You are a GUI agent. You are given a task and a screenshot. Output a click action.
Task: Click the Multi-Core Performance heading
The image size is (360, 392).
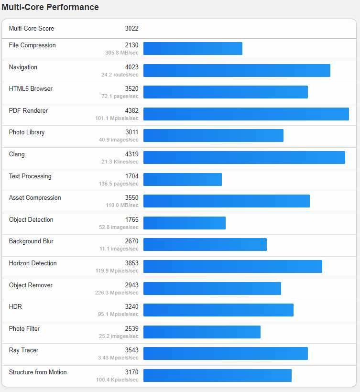(50, 7)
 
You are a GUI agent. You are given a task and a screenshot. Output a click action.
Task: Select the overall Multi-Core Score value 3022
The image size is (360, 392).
(131, 29)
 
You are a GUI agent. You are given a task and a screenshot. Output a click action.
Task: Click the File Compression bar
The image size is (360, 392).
(193, 48)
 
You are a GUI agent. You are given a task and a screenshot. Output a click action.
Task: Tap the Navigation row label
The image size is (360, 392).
(23, 67)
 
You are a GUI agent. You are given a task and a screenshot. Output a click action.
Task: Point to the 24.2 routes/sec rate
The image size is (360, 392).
(120, 75)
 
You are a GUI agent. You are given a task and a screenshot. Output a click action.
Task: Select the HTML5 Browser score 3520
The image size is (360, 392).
(131, 89)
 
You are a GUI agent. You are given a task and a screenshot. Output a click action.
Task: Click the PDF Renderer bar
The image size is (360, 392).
(246, 114)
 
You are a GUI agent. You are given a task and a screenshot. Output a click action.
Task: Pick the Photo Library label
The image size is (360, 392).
(27, 132)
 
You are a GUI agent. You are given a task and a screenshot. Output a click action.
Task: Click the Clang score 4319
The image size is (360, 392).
(131, 154)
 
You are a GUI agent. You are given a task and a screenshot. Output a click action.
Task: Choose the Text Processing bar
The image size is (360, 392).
(182, 179)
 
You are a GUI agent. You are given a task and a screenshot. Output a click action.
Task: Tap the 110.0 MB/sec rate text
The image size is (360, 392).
(122, 205)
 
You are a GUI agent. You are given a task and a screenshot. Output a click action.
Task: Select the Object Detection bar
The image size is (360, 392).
(184, 223)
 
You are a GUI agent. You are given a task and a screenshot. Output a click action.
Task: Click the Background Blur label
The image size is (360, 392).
(31, 241)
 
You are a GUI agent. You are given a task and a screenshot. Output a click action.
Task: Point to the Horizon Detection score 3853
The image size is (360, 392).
(131, 263)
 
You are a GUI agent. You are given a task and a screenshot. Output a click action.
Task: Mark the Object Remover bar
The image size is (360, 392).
(212, 288)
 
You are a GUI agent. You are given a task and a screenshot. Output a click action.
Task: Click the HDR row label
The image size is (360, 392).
(15, 307)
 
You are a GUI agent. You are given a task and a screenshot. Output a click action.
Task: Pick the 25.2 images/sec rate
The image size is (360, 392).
(119, 336)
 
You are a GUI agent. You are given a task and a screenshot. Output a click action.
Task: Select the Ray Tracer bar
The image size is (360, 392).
(225, 353)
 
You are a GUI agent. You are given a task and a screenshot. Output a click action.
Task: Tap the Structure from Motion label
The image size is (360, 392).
(38, 372)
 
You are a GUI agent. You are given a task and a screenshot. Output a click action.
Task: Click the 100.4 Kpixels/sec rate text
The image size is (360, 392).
(117, 380)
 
